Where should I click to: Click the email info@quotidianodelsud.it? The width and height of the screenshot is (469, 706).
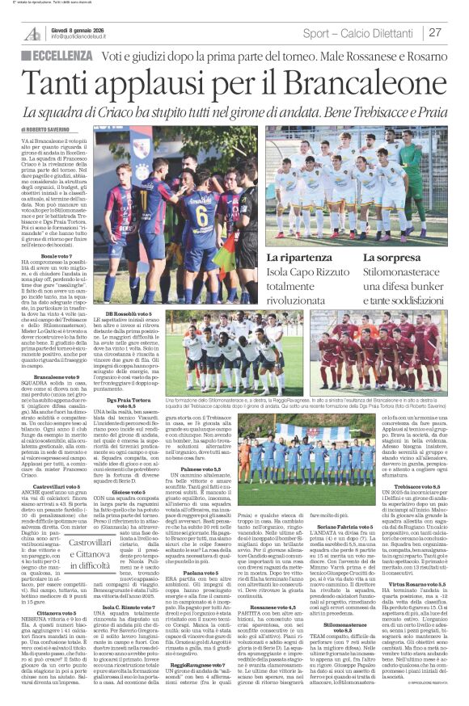86,37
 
